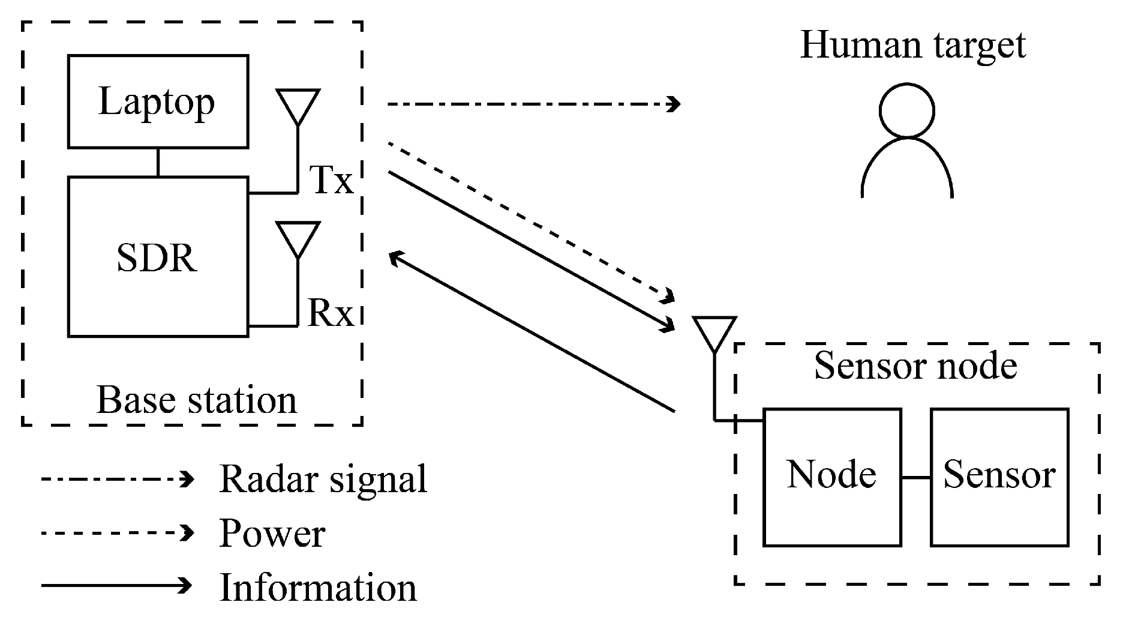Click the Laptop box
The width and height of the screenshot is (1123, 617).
[158, 101]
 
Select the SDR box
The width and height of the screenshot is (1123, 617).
[158, 257]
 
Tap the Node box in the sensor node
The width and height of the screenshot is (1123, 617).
[831, 477]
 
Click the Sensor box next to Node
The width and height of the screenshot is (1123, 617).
[999, 477]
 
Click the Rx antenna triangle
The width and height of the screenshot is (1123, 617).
[298, 238]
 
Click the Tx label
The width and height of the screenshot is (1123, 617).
[331, 179]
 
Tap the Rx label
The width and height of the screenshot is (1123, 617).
[331, 313]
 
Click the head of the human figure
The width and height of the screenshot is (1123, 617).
[906, 111]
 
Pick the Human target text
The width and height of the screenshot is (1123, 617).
[912, 45]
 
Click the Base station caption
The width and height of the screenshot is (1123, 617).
[197, 400]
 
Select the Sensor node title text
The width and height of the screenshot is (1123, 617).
[915, 366]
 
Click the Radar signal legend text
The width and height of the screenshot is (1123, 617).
[323, 479]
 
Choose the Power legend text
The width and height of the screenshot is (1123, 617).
[272, 533]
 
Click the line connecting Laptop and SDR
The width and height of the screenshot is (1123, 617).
[158, 162]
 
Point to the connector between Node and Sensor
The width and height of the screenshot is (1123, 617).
[915, 478]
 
